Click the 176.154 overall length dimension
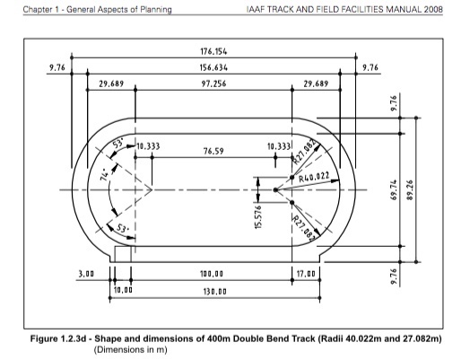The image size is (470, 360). (x=213, y=51)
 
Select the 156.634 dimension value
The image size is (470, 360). (x=213, y=67)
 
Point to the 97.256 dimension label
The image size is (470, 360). (x=213, y=83)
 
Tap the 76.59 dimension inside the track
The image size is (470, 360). (x=213, y=153)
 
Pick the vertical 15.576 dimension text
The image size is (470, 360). (x=257, y=216)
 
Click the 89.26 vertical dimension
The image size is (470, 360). (x=413, y=189)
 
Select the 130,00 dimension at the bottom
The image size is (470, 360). (x=213, y=291)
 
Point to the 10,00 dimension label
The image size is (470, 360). (x=122, y=291)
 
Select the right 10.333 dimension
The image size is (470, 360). (x=281, y=145)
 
